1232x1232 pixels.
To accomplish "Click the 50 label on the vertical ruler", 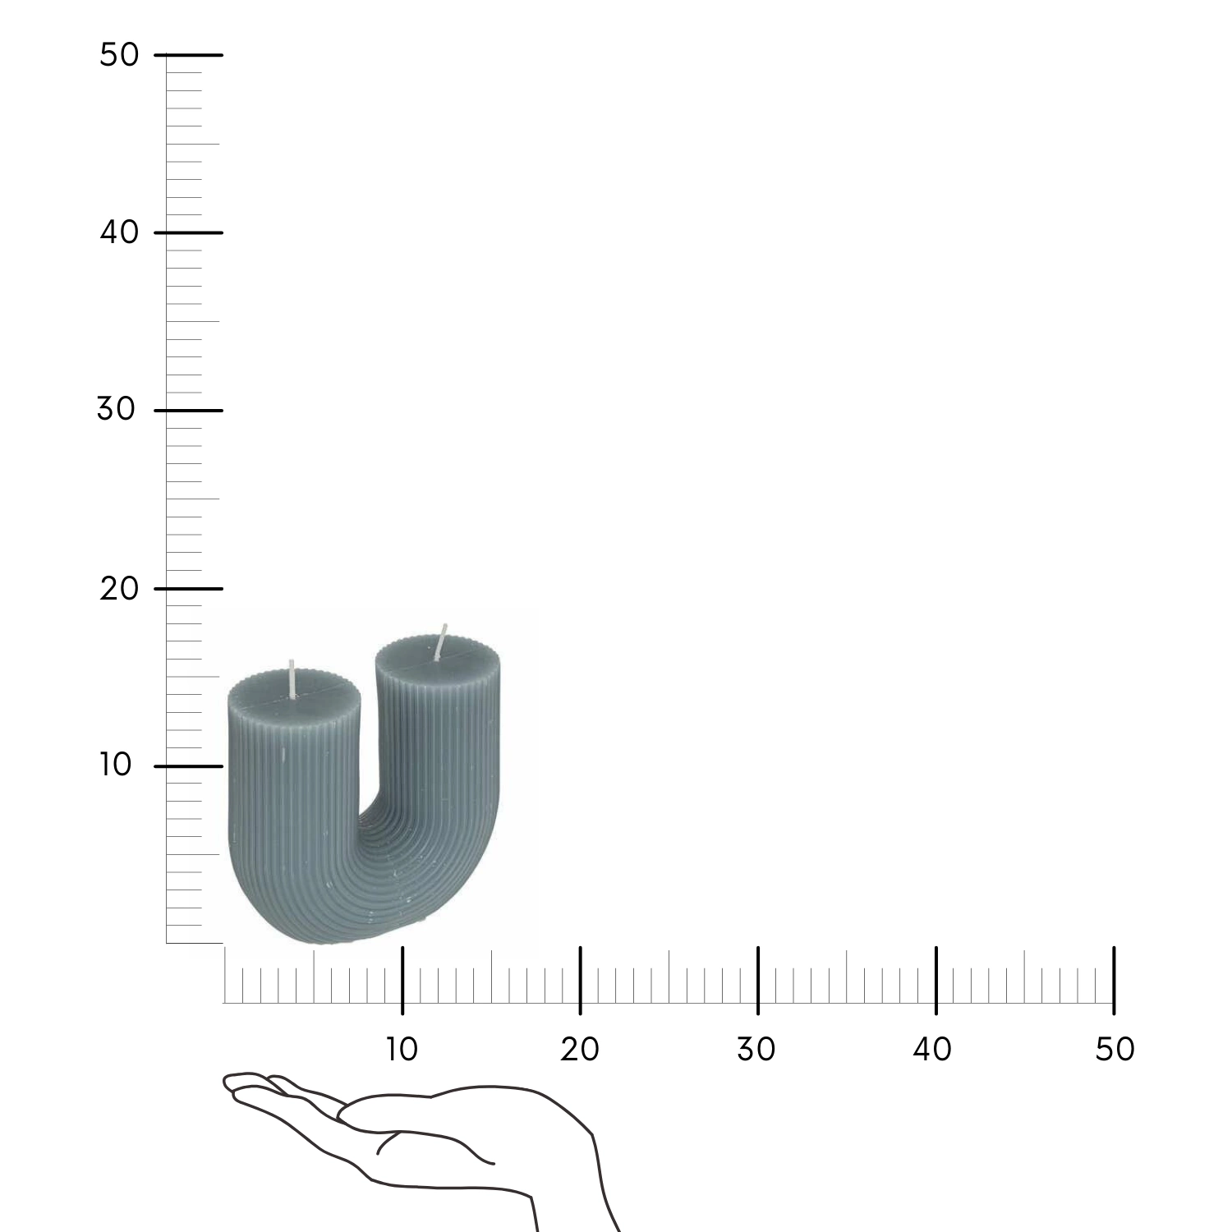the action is point(119,55).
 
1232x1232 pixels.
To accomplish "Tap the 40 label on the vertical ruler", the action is point(119,232).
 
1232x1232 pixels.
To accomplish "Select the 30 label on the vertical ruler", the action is point(117,409).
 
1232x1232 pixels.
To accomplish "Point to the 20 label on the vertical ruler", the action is point(119,588).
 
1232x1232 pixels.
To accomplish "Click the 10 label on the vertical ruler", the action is point(116,765).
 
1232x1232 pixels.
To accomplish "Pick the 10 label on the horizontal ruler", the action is point(402,1049).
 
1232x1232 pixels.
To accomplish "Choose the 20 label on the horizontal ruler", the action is point(580,1049).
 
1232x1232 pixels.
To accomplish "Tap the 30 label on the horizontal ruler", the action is point(756,1049).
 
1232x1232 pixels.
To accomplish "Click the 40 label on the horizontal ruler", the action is point(933,1049).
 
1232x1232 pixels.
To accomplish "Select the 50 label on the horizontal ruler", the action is point(1115,1049).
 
